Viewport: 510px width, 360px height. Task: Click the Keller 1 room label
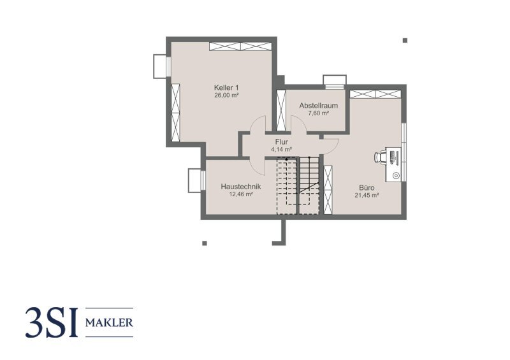click(x=226, y=87)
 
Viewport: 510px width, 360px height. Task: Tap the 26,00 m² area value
click(x=226, y=96)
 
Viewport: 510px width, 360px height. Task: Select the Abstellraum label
click(x=318, y=105)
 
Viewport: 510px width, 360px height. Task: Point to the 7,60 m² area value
click(x=318, y=113)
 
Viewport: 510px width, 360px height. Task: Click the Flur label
click(x=281, y=142)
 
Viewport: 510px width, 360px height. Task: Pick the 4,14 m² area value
click(x=281, y=149)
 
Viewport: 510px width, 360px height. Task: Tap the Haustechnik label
click(x=241, y=187)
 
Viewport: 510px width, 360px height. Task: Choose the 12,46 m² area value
click(x=241, y=194)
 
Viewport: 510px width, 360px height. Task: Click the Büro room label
click(x=367, y=187)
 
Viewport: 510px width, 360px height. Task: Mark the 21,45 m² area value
click(x=367, y=196)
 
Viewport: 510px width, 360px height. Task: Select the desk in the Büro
click(x=393, y=164)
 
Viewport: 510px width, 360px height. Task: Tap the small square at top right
click(x=405, y=40)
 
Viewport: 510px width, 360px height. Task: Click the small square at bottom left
click(x=204, y=243)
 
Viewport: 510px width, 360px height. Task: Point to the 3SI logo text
click(x=52, y=323)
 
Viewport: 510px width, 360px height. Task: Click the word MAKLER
click(x=109, y=322)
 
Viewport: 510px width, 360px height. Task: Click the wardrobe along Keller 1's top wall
click(x=240, y=46)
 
